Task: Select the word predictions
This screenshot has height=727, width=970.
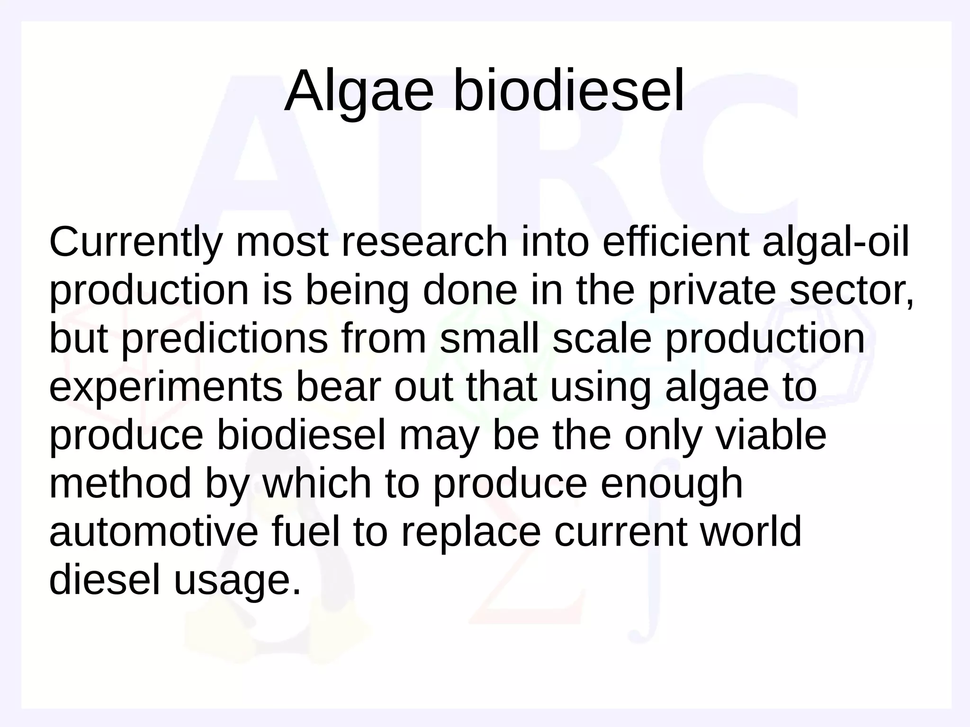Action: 225,339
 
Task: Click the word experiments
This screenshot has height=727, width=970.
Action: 165,388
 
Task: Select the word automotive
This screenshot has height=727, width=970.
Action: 154,532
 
